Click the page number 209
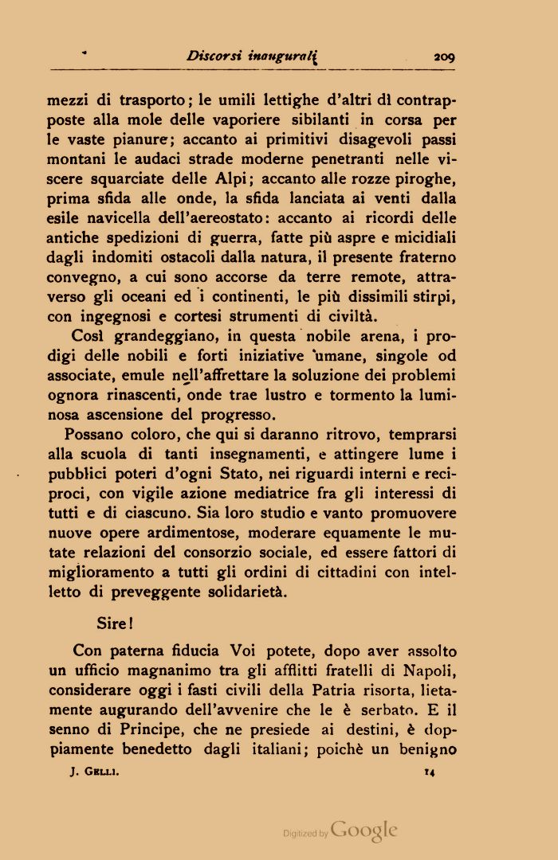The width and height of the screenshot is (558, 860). click(x=443, y=57)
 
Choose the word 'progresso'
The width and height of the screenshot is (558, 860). click(x=238, y=414)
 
